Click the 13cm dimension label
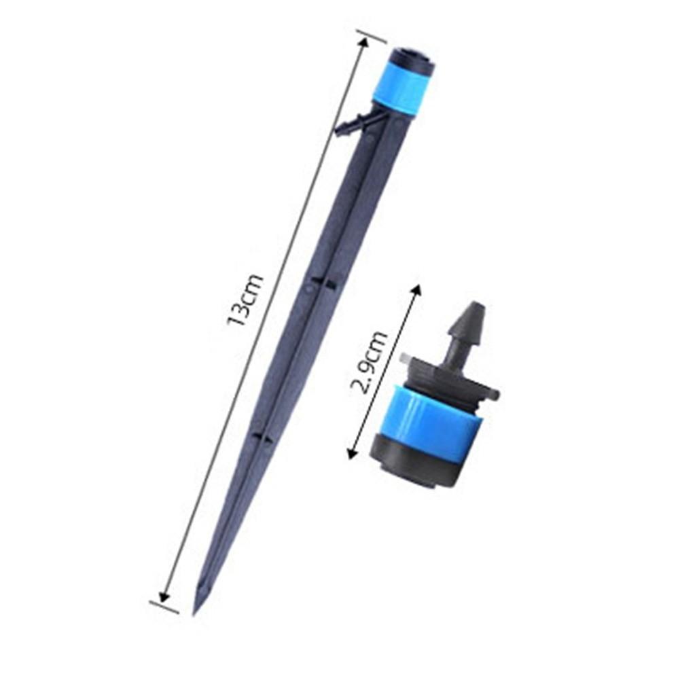point(245,300)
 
